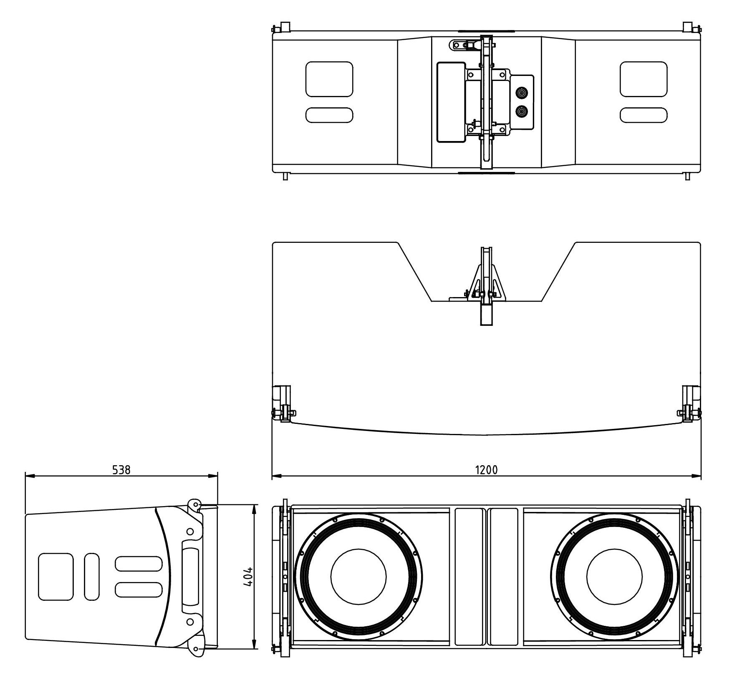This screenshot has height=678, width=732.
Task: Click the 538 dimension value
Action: tap(121, 470)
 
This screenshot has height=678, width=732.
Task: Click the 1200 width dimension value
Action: tap(486, 470)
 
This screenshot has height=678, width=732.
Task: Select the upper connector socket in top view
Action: tap(521, 92)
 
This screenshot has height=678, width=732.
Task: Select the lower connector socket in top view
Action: tap(521, 111)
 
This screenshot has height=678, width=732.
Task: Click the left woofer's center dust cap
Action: tap(358, 576)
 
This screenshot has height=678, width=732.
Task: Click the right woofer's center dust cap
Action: tap(614, 576)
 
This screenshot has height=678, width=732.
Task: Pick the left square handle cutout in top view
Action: tap(329, 79)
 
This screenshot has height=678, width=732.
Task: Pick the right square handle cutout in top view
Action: tap(644, 79)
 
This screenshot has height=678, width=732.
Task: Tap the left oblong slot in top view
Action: tap(329, 115)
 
